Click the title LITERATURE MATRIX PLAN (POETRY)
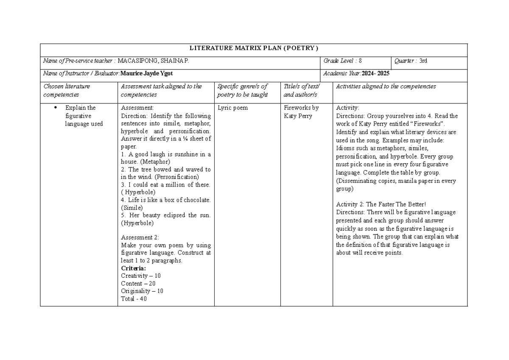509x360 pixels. pos(254,47)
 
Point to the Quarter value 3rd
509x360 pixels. pos(423,61)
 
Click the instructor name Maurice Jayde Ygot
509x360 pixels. pos(147,73)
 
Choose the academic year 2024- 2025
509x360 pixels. pos(375,73)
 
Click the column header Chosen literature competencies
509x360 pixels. pos(67,90)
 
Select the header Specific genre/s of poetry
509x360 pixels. pos(242,90)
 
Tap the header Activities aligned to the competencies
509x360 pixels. pos(386,87)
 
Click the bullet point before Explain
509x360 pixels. pos(56,108)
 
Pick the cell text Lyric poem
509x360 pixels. pos(232,108)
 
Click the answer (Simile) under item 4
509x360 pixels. pos(132,208)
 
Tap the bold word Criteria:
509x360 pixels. pos(133,268)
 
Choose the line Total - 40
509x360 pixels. pos(134,299)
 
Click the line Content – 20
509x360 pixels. pos(138,283)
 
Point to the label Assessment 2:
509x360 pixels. pos(140,237)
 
